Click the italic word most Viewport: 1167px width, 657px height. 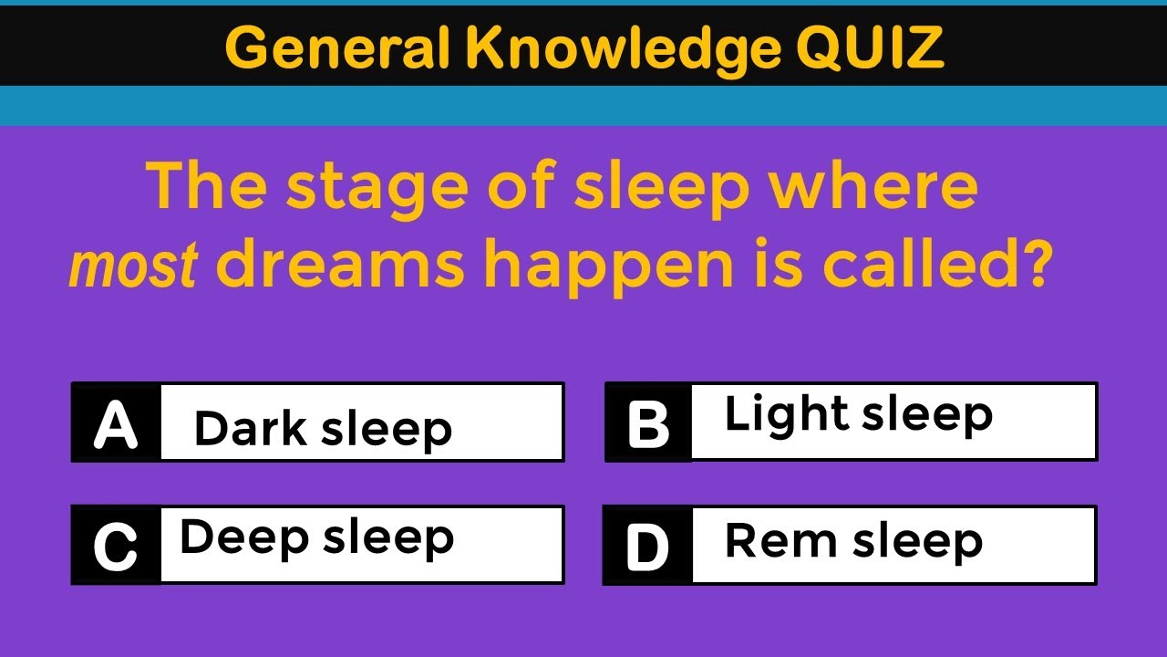point(134,266)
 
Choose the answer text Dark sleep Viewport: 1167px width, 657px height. point(323,428)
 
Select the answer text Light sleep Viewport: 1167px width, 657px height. point(858,415)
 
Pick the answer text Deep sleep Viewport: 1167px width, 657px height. point(316,537)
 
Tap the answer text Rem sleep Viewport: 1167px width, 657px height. point(853,541)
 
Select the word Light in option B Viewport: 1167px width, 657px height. point(786,415)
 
